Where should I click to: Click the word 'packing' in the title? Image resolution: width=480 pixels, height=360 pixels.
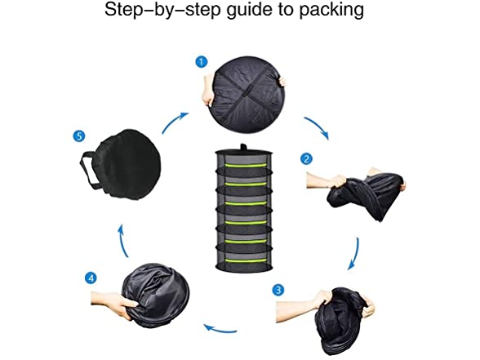[331, 10]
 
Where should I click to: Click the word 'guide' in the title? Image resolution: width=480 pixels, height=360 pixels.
[250, 10]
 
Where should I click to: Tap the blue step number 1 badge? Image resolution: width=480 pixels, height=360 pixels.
[201, 62]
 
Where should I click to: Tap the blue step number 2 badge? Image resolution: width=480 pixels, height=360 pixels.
[306, 159]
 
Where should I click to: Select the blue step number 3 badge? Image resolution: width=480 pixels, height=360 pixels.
[278, 290]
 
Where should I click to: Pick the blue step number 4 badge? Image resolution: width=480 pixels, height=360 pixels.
[91, 278]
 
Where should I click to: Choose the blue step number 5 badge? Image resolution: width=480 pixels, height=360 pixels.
[79, 136]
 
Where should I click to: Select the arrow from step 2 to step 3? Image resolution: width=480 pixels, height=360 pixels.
[355, 253]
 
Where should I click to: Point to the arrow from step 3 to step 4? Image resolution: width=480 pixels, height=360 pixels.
[220, 330]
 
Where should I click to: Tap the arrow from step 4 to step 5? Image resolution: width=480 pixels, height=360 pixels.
[122, 241]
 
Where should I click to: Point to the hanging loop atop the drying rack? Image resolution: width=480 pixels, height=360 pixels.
[243, 147]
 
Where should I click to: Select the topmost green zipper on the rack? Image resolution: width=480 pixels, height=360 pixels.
[245, 166]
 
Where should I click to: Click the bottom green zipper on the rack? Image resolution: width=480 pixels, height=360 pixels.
[245, 260]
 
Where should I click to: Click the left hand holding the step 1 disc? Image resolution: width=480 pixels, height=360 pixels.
[208, 91]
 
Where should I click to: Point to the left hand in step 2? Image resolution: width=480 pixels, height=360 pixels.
[326, 181]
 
